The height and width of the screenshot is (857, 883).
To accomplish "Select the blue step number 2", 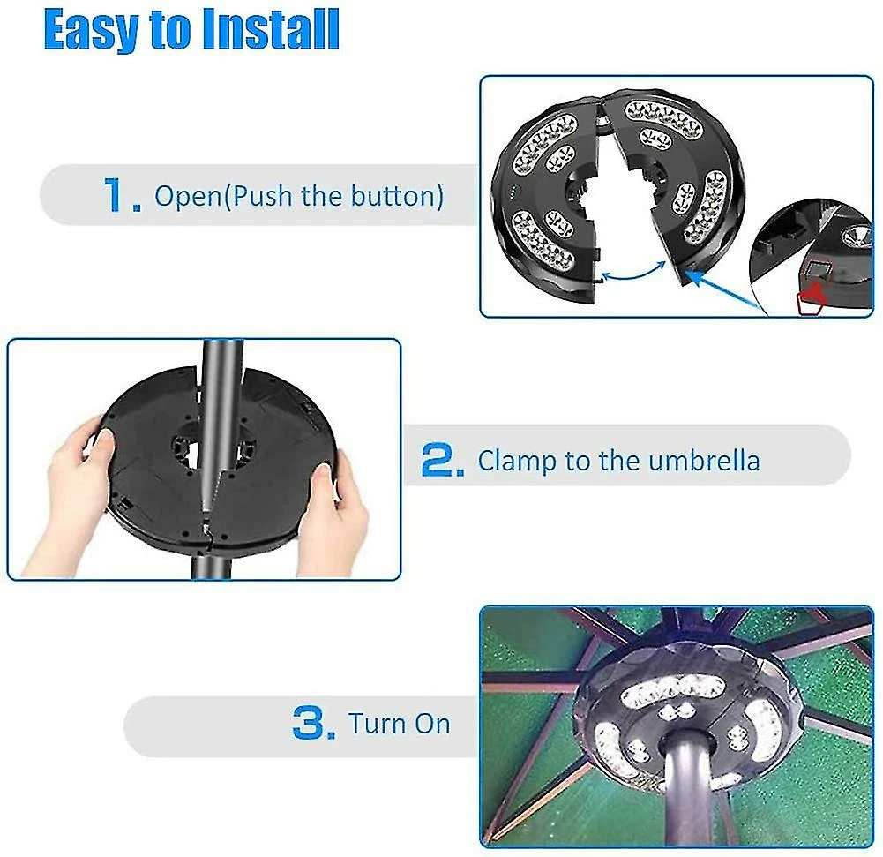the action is pos(443,461).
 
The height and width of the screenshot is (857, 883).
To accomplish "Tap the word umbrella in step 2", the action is pos(704,461).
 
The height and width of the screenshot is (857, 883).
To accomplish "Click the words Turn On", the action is pos(400,724).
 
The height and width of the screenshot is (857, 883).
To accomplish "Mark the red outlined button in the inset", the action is pos(812,298).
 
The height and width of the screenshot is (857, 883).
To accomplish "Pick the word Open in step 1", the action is pos(189,197).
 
